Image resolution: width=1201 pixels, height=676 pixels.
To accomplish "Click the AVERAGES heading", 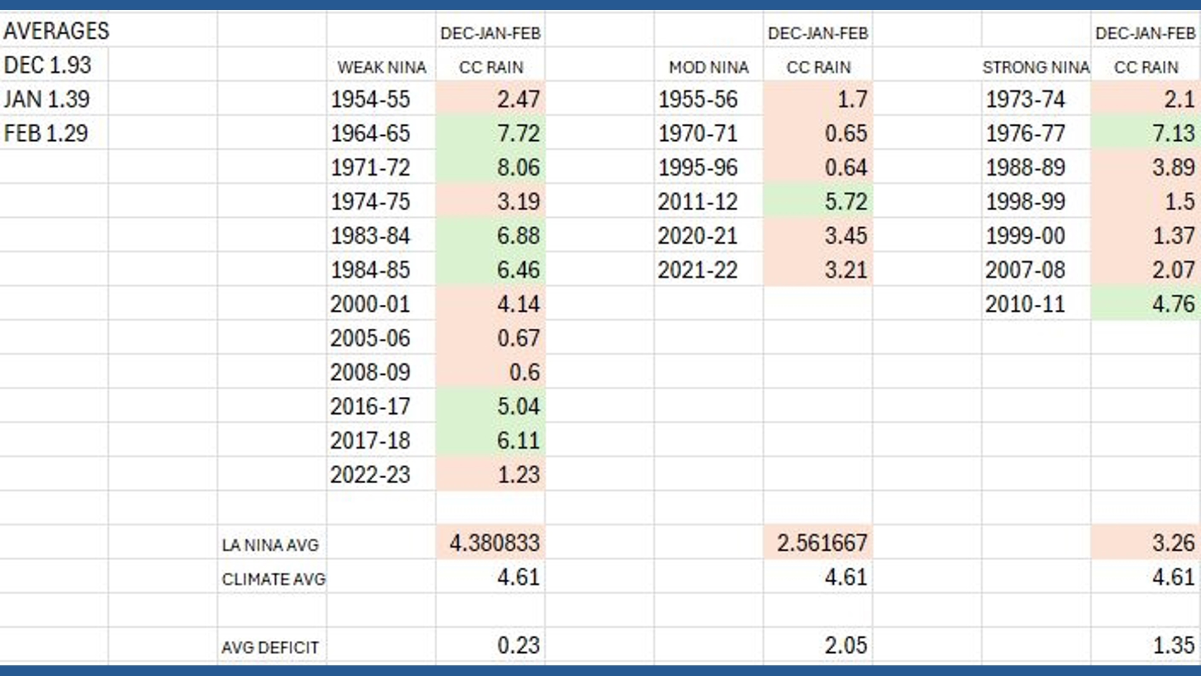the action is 56,31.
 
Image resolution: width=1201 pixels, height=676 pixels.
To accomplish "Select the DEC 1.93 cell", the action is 48,65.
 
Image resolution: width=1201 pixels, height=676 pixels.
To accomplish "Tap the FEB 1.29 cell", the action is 46,133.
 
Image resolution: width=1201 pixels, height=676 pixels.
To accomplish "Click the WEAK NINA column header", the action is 382,68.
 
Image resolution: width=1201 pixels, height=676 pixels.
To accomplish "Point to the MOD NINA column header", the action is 709,68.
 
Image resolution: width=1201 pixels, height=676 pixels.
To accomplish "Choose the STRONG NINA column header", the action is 1036,68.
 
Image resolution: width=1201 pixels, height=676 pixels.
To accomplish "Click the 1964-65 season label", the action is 370,133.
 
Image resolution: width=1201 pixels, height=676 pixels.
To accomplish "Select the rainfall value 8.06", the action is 519,168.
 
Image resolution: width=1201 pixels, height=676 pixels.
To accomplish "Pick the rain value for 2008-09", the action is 524,372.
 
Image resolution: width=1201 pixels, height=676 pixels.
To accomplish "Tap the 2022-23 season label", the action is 370,475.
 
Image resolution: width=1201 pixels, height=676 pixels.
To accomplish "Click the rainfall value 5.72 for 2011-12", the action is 846,202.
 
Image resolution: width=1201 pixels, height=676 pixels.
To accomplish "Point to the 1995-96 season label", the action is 697,168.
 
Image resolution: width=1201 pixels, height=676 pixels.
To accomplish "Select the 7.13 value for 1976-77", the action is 1173,133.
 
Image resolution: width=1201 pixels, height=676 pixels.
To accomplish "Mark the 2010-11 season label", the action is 1025,304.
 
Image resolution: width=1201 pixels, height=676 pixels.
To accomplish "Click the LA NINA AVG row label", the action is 270,545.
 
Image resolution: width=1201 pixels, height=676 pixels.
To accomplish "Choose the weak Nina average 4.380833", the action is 495,543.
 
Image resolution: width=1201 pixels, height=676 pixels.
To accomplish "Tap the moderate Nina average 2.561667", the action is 822,543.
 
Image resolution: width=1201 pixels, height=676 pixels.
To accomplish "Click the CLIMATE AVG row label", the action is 273,580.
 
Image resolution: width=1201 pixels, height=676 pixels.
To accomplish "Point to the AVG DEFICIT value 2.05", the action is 846,645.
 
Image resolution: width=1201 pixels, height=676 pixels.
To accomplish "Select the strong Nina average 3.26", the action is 1173,543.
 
